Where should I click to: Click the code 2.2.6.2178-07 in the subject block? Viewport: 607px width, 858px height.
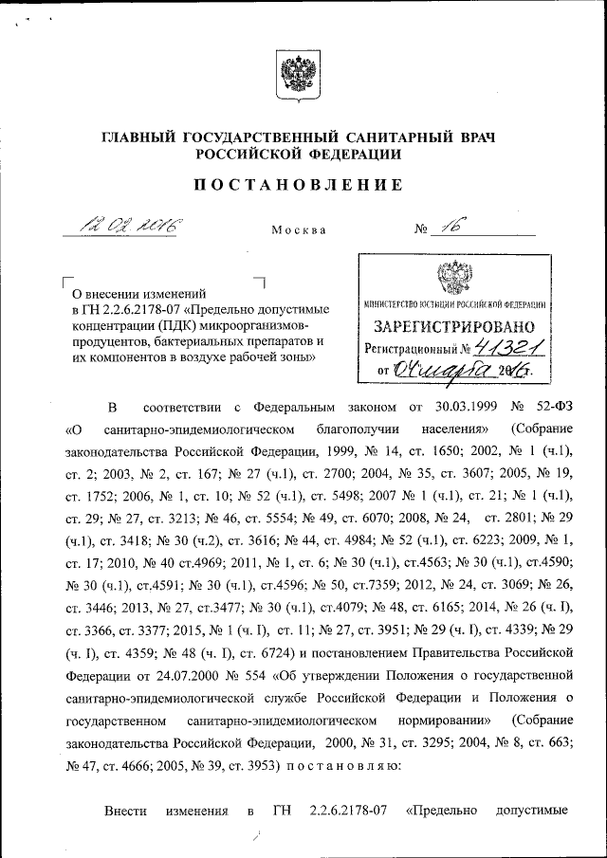[x=143, y=311]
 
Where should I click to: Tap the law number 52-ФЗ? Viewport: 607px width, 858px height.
[x=548, y=409]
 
